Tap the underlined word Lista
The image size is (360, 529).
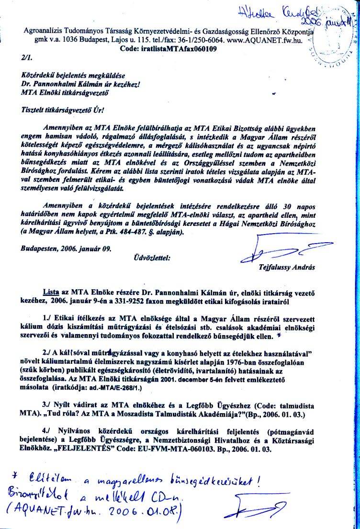pyautogui.click(x=51, y=292)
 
